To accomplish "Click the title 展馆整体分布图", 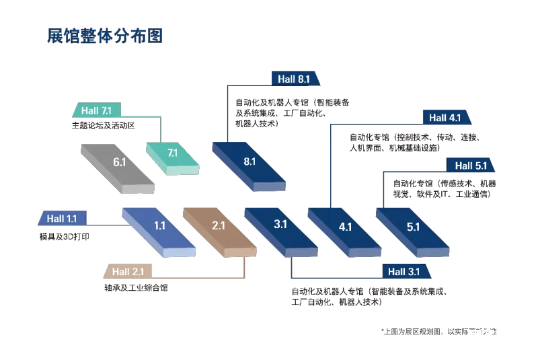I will pos(106,36).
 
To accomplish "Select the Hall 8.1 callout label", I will pos(295,79).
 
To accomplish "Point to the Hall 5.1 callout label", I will pos(470,166).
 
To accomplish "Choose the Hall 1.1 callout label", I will pos(62,219).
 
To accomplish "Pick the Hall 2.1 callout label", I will pos(128,272).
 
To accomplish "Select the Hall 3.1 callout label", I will pos(403,272).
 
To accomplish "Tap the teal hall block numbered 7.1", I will pos(173,155).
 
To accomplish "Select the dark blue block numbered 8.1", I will pos(249,162).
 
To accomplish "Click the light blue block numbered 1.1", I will pos(159,227).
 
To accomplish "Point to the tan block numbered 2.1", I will pos(219,227).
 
